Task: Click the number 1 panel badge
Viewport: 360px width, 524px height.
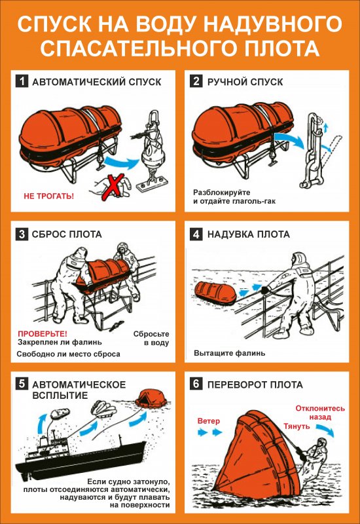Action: tap(22, 81)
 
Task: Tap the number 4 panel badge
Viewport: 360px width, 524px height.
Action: tap(196, 234)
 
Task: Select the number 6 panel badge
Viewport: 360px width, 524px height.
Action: tap(196, 384)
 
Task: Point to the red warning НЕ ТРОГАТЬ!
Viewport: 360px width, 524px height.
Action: tap(48, 196)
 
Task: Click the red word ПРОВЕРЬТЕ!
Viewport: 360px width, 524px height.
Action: tap(43, 333)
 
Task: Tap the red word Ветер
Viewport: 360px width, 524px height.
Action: tap(209, 421)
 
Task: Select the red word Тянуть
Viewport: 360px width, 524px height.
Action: tap(297, 426)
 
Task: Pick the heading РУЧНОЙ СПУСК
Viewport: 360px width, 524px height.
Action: tap(245, 81)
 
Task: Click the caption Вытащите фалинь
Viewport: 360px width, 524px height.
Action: tap(230, 353)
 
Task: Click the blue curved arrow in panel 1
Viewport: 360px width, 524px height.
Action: tap(122, 162)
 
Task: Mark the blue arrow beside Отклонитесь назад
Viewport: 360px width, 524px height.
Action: tap(325, 430)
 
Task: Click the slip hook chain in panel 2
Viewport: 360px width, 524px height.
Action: tap(312, 150)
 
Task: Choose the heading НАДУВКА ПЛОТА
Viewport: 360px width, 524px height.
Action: tap(249, 234)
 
